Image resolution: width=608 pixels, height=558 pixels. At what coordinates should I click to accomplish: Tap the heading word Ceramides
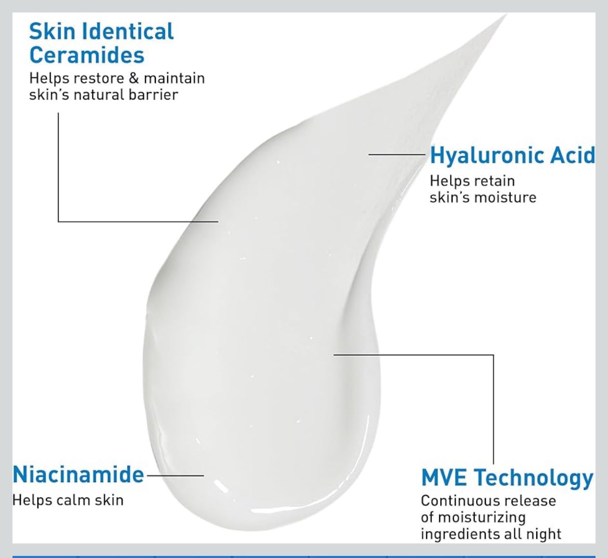pos(87,55)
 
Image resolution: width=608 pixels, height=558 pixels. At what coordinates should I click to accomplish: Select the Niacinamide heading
pos(78,474)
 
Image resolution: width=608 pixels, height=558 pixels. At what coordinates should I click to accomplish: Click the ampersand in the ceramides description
pos(134,78)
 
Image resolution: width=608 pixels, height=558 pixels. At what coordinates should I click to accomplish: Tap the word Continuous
pos(457,501)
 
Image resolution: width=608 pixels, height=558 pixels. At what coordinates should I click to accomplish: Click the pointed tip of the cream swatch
pos(507,15)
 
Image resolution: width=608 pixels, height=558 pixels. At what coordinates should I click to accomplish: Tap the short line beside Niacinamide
pos(175,475)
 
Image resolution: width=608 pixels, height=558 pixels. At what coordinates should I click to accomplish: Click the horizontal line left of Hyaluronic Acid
pos(397,154)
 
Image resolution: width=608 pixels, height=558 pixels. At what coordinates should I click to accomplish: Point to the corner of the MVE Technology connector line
pos(494,354)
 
